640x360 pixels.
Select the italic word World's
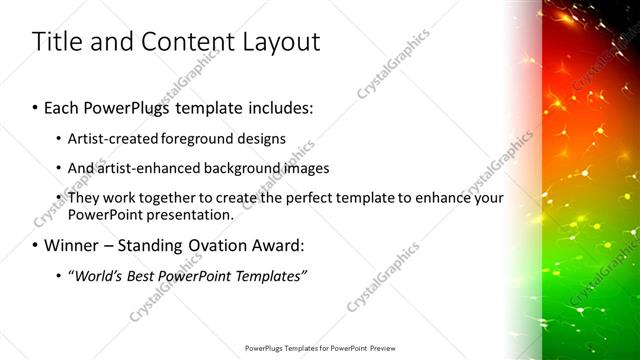[94, 275]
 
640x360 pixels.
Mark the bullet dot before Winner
[36, 245]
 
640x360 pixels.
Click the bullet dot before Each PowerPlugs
[36, 106]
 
